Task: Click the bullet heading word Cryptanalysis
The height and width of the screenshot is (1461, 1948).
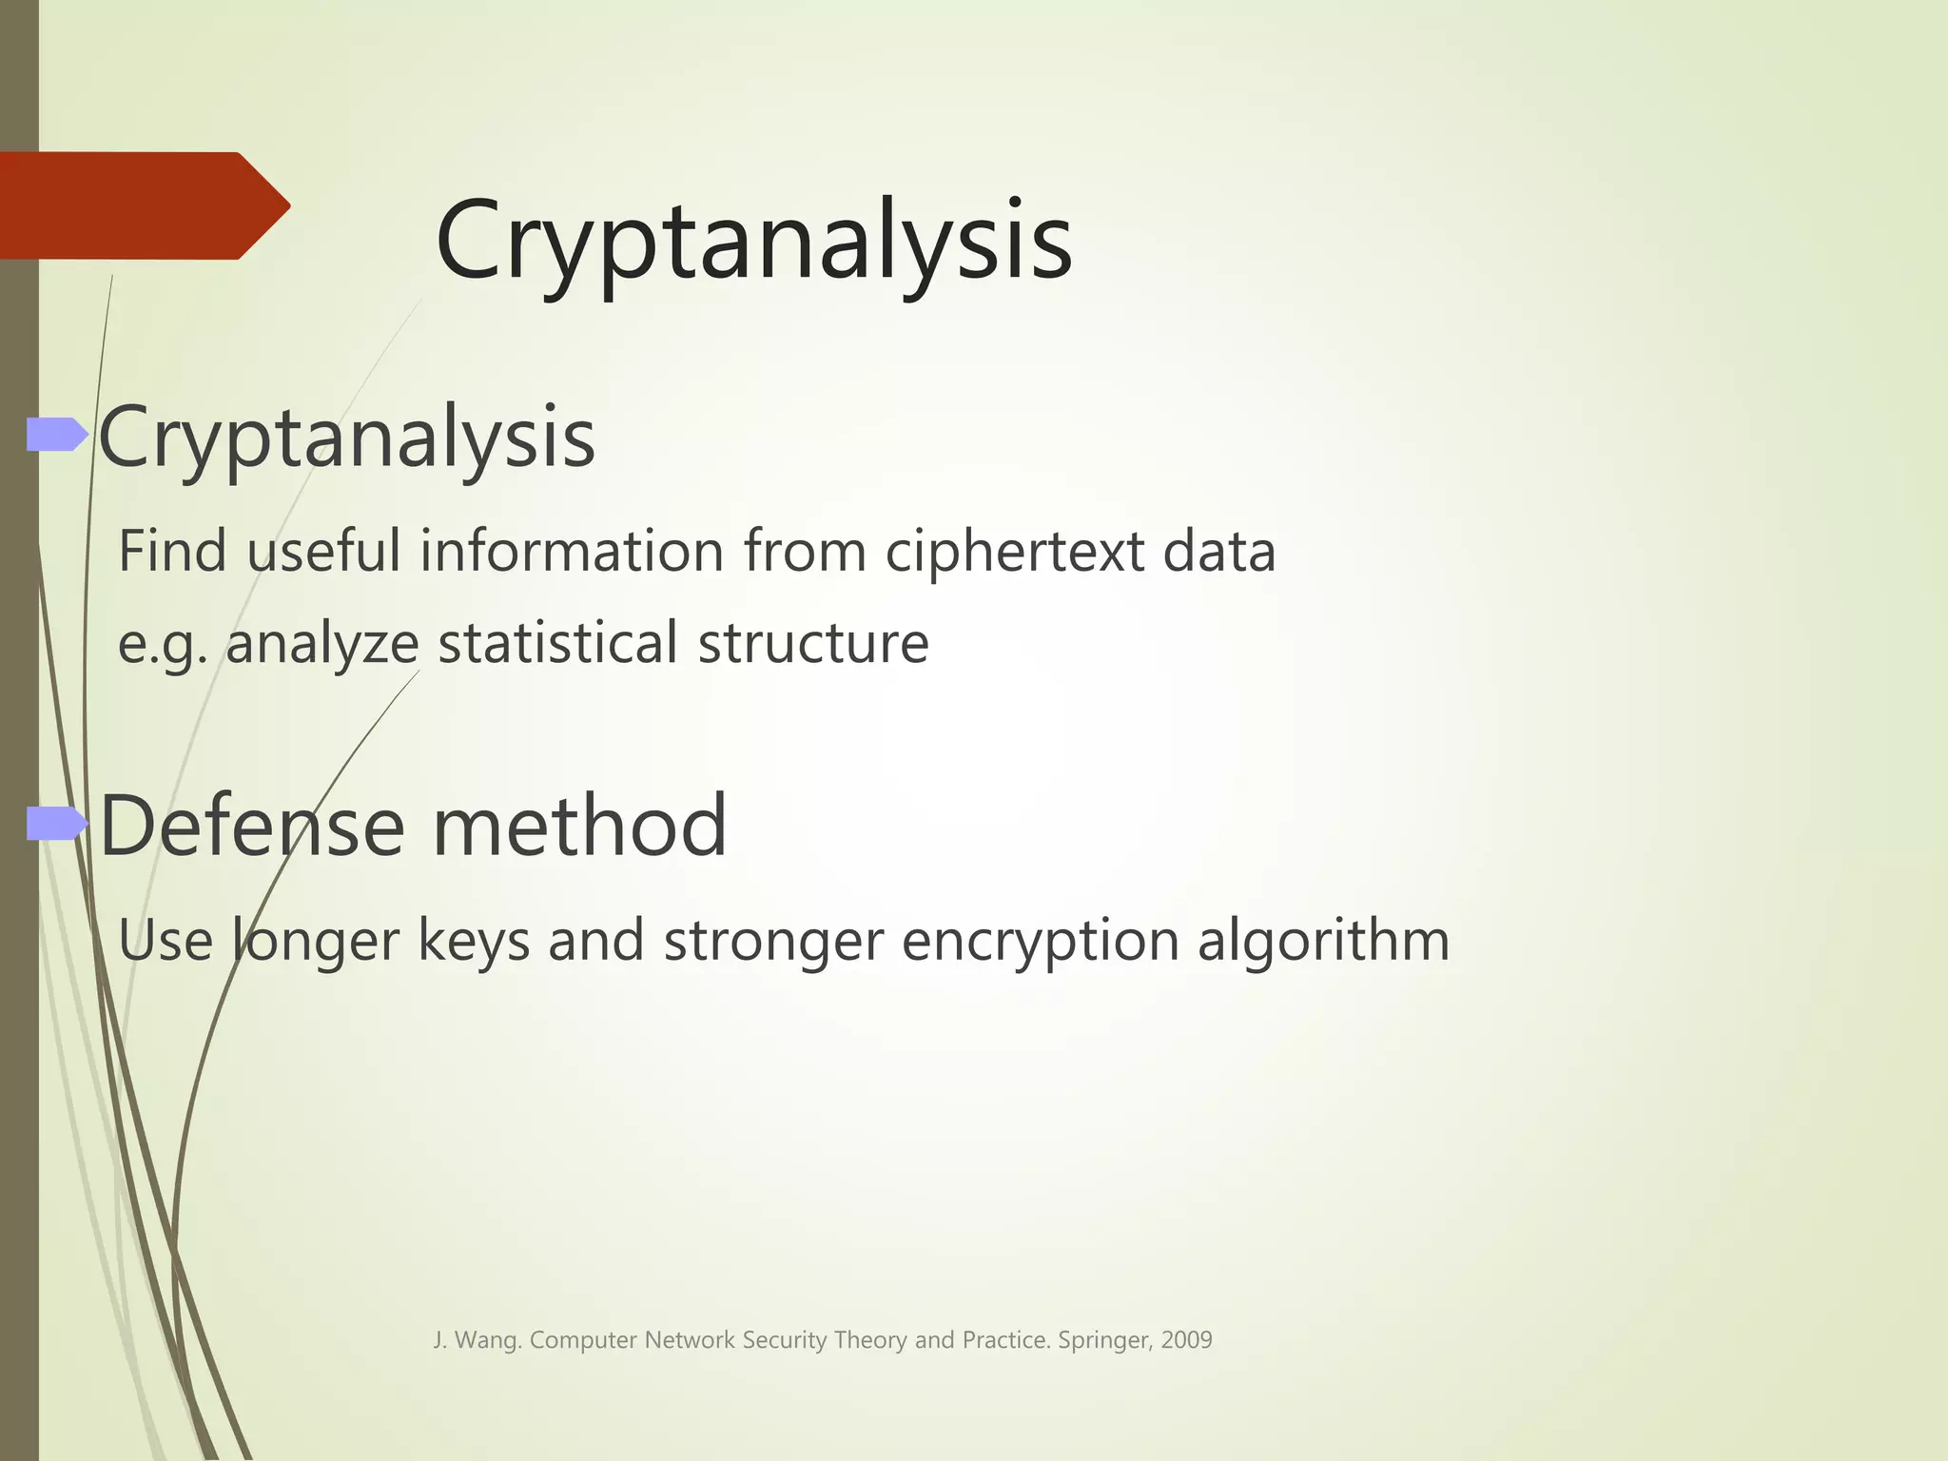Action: (x=347, y=438)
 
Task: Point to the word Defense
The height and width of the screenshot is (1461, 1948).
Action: (x=252, y=826)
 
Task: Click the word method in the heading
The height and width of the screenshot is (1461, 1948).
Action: (x=580, y=826)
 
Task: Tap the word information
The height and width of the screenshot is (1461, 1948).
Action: (x=572, y=552)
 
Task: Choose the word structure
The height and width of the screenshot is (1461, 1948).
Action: (x=813, y=643)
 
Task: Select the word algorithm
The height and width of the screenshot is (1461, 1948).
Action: (x=1323, y=942)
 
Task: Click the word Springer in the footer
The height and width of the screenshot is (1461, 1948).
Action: (x=1103, y=1341)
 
